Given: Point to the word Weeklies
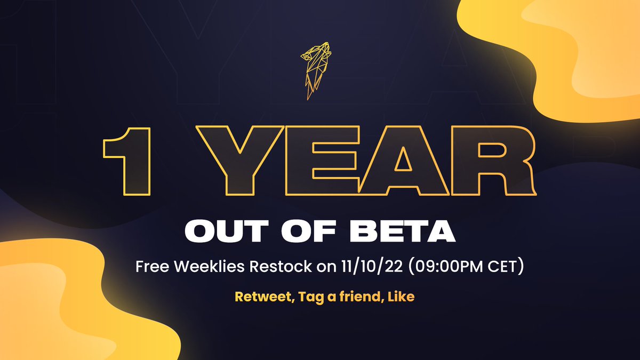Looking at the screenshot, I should click(x=205, y=267).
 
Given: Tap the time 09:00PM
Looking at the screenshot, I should click(x=426, y=267).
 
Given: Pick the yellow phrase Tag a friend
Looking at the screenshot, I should click(x=333, y=297).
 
